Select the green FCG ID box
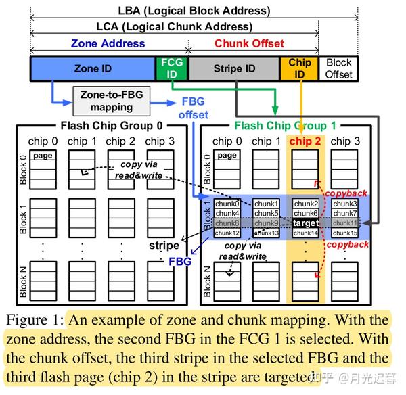tap(171, 69)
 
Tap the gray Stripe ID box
tap(234, 69)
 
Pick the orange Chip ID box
tap(299, 69)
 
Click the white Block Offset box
tap(338, 69)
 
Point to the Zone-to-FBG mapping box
tap(112, 101)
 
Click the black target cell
tap(306, 223)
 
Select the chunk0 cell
tap(227, 204)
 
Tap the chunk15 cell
tap(345, 233)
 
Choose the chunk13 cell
tap(266, 233)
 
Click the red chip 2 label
tap(306, 141)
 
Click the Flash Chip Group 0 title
tap(112, 125)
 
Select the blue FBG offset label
tap(194, 109)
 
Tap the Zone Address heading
tap(108, 43)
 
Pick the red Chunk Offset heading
tap(250, 43)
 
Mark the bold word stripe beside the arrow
tap(164, 245)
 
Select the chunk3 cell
tap(345, 204)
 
